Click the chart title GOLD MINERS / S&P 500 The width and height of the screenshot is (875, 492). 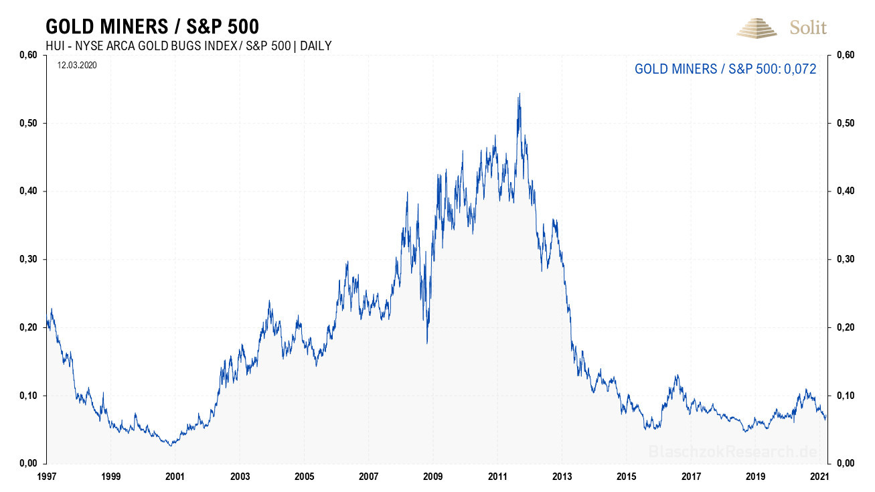pos(152,26)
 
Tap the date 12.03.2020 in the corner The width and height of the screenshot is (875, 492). pos(77,66)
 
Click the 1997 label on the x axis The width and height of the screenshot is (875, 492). pos(46,476)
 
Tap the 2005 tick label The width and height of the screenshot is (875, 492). pos(304,476)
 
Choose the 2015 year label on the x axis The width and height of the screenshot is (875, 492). pos(627,476)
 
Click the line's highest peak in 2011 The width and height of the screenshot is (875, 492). pos(519,94)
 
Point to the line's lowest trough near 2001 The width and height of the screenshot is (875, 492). pos(171,444)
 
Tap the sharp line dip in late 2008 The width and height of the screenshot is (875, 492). pos(427,342)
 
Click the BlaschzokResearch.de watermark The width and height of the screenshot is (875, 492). pos(733,452)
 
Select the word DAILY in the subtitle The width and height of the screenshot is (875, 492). pos(314,46)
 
